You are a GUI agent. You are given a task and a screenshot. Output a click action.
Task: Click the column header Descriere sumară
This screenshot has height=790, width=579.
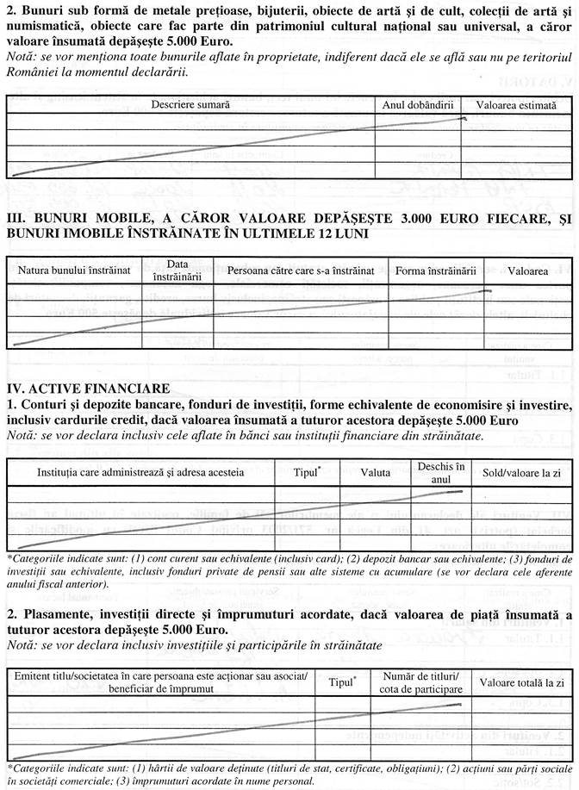click(x=190, y=104)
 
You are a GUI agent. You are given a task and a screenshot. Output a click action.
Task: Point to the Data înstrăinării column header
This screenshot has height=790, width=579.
click(x=177, y=271)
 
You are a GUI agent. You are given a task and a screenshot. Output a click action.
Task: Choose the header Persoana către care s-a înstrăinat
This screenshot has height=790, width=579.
click(x=301, y=271)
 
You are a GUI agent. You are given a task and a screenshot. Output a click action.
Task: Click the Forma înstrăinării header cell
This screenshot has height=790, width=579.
click(x=436, y=271)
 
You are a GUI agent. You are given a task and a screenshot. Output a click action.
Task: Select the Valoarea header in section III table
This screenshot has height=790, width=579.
click(x=527, y=271)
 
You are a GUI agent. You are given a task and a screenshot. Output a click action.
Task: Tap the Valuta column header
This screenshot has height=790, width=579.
click(x=376, y=472)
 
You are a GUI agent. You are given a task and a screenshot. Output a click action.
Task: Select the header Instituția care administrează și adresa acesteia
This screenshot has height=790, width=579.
click(x=140, y=472)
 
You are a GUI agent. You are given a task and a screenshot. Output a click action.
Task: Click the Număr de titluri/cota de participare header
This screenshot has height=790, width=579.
click(x=422, y=658)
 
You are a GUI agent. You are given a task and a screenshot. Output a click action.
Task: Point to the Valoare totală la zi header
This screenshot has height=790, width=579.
click(x=521, y=658)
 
